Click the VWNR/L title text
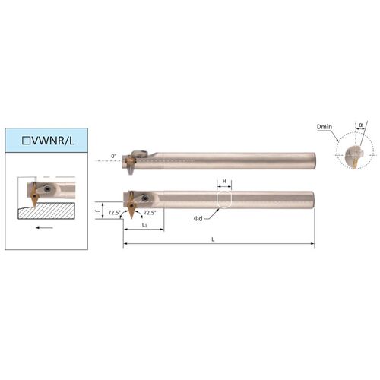click(x=52, y=141)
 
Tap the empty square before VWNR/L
click(x=26, y=141)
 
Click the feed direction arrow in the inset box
click(x=44, y=228)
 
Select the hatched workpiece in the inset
click(x=46, y=211)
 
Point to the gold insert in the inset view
click(x=33, y=195)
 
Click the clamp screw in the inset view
click(x=47, y=188)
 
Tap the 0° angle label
click(x=114, y=156)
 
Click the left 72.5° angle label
click(x=114, y=213)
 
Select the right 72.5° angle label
click(x=150, y=213)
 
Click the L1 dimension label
click(x=144, y=225)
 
